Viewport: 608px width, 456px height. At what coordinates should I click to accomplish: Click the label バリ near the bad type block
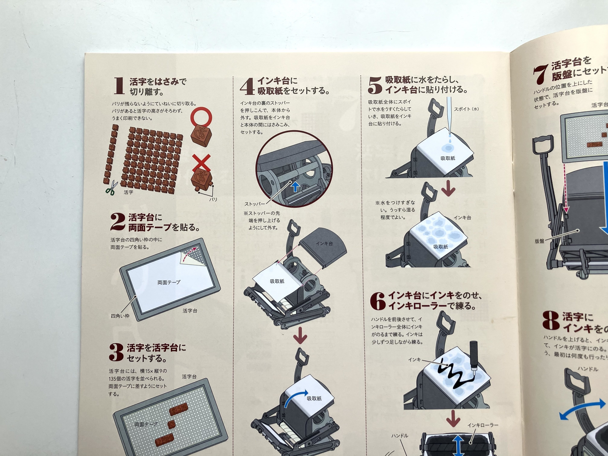[x=213, y=199]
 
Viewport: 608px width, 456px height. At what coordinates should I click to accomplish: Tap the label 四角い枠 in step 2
[x=120, y=316]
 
